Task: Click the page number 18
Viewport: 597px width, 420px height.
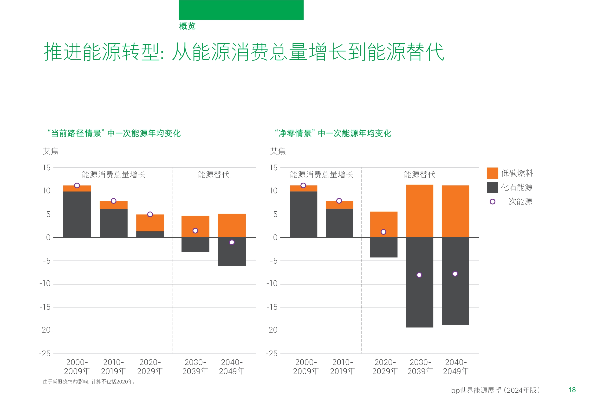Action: click(572, 390)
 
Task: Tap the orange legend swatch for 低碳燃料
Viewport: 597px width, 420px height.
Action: click(492, 173)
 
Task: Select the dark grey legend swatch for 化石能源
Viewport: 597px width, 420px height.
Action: click(492, 187)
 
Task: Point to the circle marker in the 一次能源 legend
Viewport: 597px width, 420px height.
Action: click(492, 202)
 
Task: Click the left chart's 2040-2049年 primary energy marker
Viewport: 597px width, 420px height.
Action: click(232, 242)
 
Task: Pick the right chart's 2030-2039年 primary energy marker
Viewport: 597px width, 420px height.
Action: click(419, 275)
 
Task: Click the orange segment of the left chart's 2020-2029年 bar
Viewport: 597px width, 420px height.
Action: click(150, 223)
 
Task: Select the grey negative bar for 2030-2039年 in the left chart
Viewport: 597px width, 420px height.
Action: click(195, 245)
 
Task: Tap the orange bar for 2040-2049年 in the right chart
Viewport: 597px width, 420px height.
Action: click(455, 211)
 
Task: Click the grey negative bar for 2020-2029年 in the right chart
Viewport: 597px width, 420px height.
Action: click(383, 247)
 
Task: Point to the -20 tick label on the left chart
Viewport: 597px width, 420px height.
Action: click(45, 330)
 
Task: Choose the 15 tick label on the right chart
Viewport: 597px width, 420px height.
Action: click(273, 168)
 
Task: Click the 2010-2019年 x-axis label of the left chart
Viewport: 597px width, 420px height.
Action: click(113, 366)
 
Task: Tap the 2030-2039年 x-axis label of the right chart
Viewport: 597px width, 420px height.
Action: click(420, 366)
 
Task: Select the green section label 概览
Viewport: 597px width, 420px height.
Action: click(187, 26)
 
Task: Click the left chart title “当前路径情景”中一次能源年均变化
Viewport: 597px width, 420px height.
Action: click(114, 133)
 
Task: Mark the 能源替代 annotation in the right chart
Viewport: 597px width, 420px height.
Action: click(419, 174)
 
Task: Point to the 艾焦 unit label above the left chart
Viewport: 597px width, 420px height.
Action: click(51, 151)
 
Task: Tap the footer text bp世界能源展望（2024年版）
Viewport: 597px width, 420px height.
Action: click(495, 390)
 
